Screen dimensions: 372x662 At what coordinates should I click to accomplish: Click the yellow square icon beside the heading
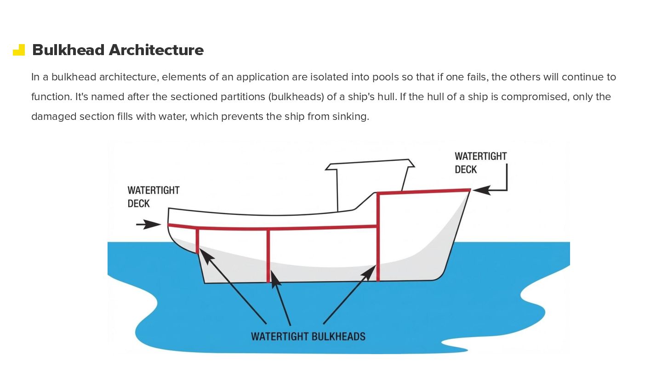coord(19,50)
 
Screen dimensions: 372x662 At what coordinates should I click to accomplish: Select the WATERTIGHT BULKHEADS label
coord(308,336)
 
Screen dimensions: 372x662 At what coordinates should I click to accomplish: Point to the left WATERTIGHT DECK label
coord(153,197)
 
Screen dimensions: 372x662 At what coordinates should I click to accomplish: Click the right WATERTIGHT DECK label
coord(480,163)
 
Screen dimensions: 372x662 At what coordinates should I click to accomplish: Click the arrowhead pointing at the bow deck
coord(480,190)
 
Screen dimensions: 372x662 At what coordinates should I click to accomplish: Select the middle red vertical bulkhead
coord(268,255)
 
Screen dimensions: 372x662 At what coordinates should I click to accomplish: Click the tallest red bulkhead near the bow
coord(378,237)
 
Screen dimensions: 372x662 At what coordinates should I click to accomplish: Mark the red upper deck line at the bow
coord(423,191)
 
